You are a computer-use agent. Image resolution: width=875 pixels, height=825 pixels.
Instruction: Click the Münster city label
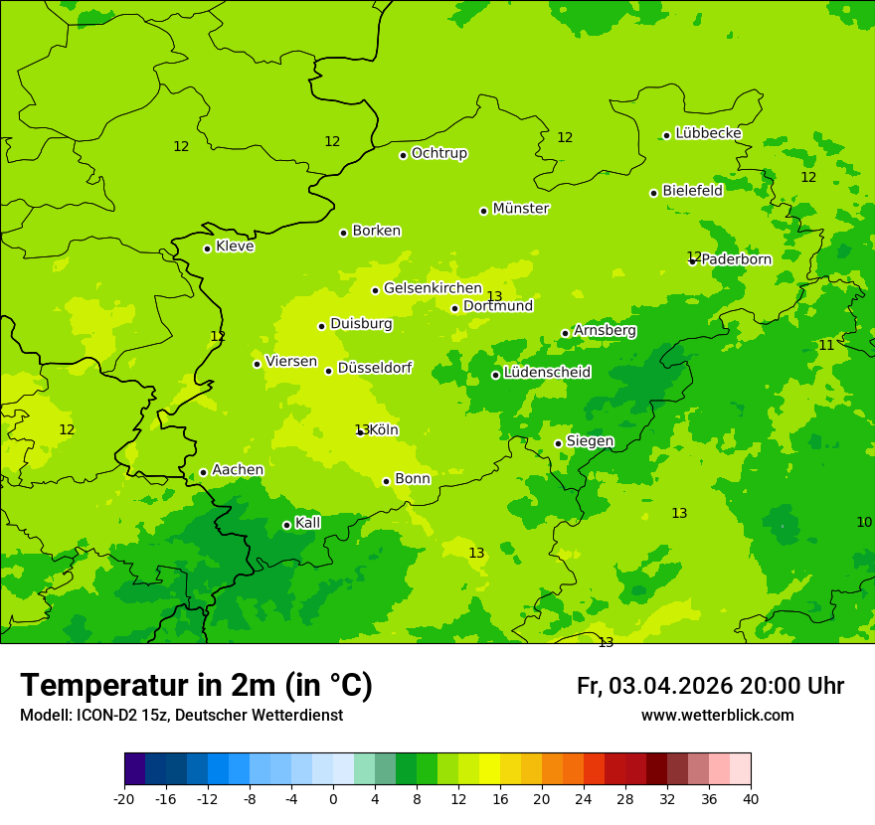(x=521, y=209)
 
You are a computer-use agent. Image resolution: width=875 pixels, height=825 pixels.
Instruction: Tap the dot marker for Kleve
(x=207, y=248)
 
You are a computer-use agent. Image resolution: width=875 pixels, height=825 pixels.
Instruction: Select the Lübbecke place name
(x=708, y=133)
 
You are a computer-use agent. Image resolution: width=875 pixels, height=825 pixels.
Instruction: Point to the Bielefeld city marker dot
(x=653, y=193)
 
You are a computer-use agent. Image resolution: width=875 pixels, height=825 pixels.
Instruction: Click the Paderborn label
(x=736, y=259)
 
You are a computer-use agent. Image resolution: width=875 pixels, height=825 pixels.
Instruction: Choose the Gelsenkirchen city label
(x=433, y=288)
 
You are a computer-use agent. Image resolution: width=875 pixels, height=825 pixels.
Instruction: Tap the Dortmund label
(x=498, y=306)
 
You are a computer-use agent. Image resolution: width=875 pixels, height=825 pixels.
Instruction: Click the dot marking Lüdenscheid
(x=495, y=375)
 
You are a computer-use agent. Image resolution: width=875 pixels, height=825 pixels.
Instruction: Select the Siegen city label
(x=590, y=441)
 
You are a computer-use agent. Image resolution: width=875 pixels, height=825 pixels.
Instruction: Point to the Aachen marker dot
(x=203, y=472)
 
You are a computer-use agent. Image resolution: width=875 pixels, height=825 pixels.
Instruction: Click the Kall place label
(x=308, y=523)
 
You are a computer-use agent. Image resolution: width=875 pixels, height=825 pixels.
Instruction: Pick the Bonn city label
(x=413, y=479)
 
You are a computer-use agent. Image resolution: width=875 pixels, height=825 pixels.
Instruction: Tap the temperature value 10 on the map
(x=864, y=522)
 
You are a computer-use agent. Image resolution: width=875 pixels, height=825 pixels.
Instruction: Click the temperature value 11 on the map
(x=826, y=345)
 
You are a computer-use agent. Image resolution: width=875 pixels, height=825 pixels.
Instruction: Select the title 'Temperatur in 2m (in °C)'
(x=196, y=685)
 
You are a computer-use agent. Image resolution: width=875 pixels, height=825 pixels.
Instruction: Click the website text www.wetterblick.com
(x=717, y=715)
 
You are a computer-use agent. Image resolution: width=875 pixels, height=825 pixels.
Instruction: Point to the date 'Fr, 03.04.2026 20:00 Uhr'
(x=710, y=686)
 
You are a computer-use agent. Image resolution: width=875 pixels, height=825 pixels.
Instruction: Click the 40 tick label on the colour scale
(x=751, y=798)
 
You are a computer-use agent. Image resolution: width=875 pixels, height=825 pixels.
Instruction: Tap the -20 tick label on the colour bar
(x=124, y=798)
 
